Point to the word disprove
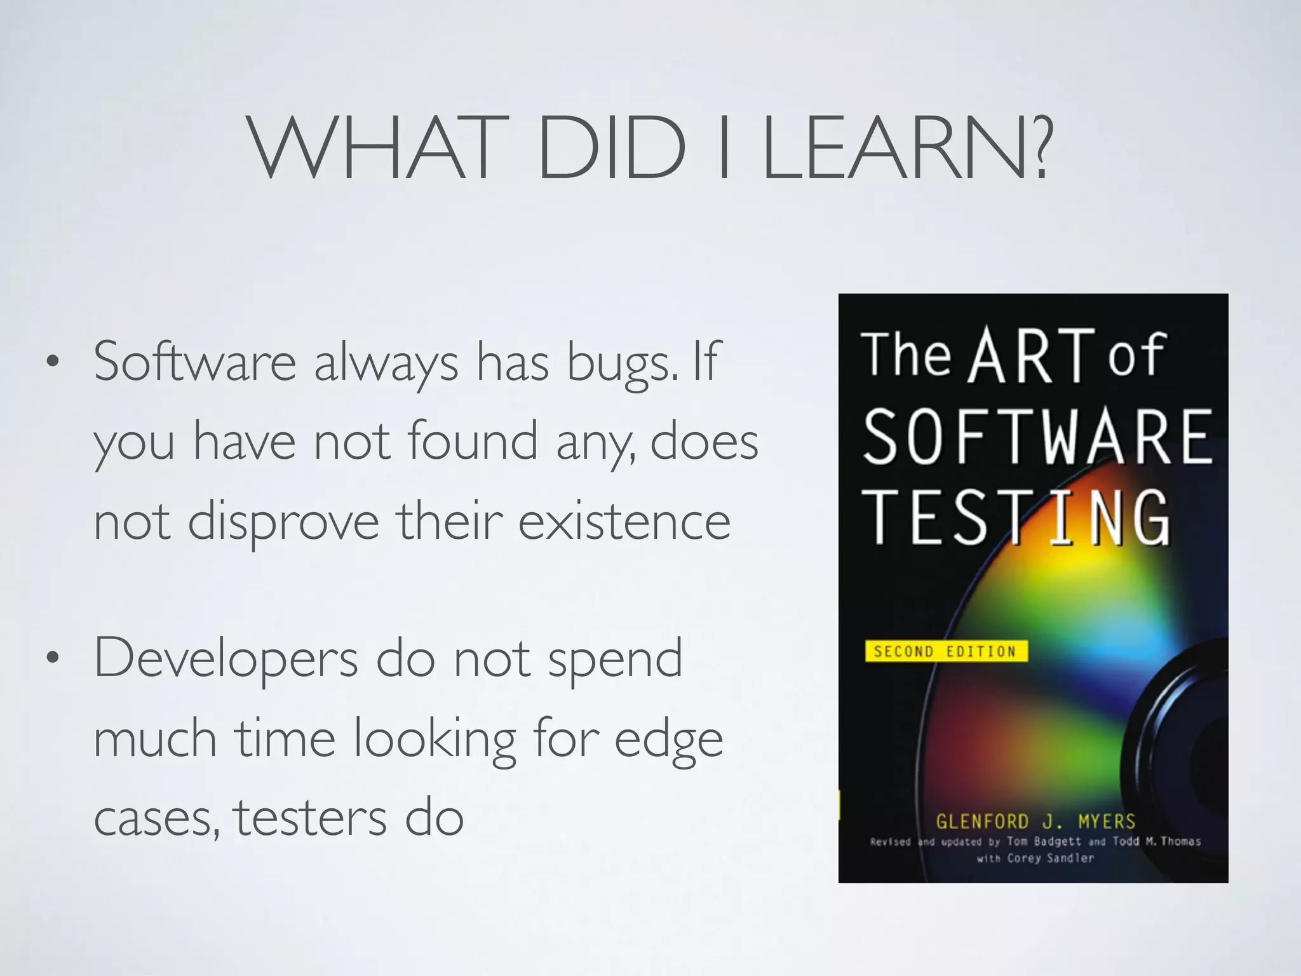pyautogui.click(x=283, y=522)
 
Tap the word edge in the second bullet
pyautogui.click(x=668, y=741)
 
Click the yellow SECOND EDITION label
pyautogui.click(x=945, y=651)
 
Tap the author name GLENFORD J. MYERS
pyautogui.click(x=1035, y=822)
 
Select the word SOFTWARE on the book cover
pyautogui.click(x=1038, y=437)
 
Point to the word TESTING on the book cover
pyautogui.click(x=1016, y=517)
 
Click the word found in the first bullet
pyautogui.click(x=473, y=441)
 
